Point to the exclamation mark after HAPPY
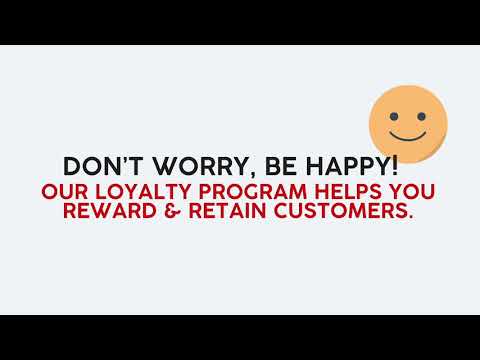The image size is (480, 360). [394, 164]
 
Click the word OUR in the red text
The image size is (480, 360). [91, 192]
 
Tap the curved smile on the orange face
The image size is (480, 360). [407, 133]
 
